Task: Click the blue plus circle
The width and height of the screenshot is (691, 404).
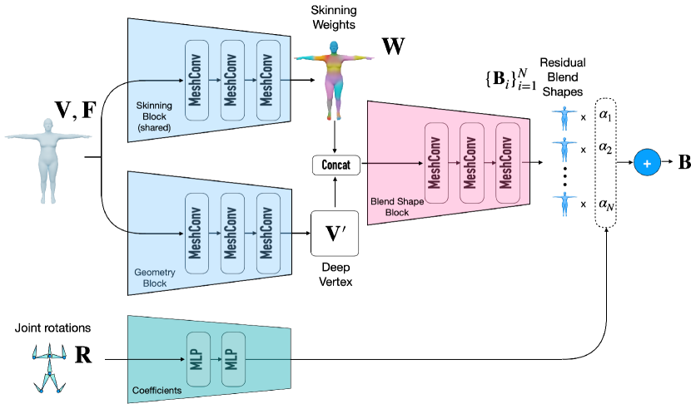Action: (x=646, y=163)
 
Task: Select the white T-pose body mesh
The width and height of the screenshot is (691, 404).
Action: (x=48, y=159)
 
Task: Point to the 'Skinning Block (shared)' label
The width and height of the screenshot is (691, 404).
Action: (x=154, y=116)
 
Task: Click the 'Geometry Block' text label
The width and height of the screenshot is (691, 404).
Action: (x=151, y=278)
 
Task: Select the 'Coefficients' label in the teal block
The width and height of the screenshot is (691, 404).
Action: (x=157, y=390)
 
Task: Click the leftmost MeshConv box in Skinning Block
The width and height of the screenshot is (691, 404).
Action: (x=196, y=80)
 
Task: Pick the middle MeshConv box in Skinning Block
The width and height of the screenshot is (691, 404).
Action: (x=232, y=80)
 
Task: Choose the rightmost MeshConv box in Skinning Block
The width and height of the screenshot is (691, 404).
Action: (x=268, y=80)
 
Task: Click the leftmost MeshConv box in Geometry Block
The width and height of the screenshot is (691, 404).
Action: (x=196, y=234)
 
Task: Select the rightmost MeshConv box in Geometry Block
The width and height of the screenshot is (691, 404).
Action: (x=268, y=234)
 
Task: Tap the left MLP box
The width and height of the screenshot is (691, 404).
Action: (x=198, y=359)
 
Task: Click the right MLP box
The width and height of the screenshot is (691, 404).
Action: (x=233, y=359)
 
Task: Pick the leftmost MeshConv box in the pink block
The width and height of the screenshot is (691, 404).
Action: (x=436, y=163)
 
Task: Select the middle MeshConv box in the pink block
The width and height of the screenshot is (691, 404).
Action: (x=471, y=163)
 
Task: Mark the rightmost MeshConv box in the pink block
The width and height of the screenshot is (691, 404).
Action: (x=507, y=163)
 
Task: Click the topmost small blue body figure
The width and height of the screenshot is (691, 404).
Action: (x=564, y=117)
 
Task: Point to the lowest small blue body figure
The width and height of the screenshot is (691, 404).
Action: (x=564, y=203)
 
